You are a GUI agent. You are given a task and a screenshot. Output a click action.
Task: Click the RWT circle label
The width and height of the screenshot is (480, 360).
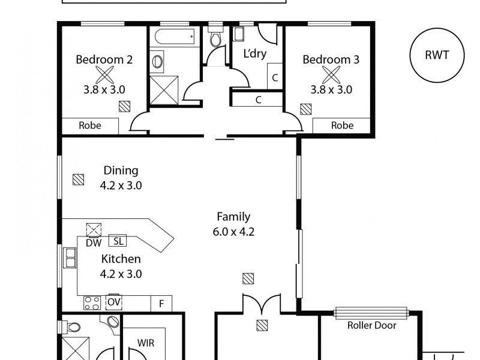[x=437, y=55]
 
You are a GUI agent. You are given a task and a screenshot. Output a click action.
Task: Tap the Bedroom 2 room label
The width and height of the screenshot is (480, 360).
[x=104, y=59]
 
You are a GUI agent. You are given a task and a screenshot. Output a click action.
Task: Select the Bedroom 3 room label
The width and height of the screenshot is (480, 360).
[x=331, y=59]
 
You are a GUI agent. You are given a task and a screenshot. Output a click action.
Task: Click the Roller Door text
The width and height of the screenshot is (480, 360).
[x=371, y=325]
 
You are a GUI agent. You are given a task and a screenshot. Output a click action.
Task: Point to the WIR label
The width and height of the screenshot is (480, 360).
[x=146, y=343]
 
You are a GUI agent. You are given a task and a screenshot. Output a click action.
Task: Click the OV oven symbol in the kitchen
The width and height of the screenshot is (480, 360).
[x=114, y=302]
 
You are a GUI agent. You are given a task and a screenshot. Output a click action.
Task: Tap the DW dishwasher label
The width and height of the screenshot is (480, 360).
[x=94, y=243]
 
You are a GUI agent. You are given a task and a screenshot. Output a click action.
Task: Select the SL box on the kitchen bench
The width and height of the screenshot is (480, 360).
[x=118, y=241]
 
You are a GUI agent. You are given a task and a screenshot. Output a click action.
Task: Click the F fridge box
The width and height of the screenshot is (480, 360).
[x=161, y=304]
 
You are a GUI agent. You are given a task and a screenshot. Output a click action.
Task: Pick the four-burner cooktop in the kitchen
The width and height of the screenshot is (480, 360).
[x=92, y=303]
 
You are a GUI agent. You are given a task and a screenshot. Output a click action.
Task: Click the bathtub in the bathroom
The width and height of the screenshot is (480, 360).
[x=175, y=37]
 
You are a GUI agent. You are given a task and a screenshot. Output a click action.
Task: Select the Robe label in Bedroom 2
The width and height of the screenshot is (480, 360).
[x=89, y=125]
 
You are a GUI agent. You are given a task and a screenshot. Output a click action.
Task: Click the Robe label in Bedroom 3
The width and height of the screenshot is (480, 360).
[x=342, y=125]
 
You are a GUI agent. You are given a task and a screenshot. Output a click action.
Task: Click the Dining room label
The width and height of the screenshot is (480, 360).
[x=121, y=170]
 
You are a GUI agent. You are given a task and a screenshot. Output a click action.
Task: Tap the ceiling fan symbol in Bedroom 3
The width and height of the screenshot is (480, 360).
[x=331, y=76]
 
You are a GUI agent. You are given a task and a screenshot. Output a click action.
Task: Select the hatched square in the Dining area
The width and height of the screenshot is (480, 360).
[x=79, y=179]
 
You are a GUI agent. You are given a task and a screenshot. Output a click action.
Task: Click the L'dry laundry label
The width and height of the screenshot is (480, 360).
[x=254, y=53]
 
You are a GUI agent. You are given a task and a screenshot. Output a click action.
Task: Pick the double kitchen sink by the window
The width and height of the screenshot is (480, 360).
[x=70, y=258]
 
